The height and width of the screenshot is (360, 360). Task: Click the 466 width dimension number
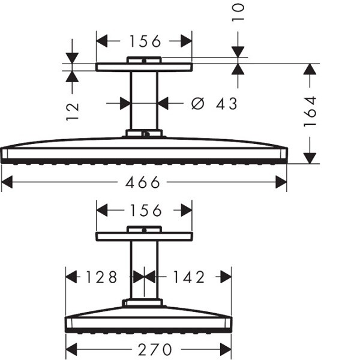[x=142, y=182]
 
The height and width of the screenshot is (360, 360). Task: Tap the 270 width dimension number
[x=155, y=350]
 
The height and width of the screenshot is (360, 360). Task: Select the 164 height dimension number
[x=310, y=112]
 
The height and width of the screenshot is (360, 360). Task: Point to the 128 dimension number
[x=101, y=277]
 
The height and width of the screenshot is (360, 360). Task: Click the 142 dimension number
[x=189, y=277]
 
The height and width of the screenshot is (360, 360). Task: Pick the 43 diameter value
[x=226, y=104]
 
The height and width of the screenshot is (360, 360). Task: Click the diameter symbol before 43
[x=197, y=104]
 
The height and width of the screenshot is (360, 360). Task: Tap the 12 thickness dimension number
[x=73, y=112]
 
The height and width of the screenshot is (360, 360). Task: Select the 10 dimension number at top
[x=238, y=13]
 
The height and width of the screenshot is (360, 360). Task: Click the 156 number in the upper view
[x=145, y=41]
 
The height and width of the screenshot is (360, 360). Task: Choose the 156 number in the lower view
[x=146, y=211]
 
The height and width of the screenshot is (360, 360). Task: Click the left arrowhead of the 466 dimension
[x=7, y=182]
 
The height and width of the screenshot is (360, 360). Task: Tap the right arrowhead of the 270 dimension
[x=226, y=350]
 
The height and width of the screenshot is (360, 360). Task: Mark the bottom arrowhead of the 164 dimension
[x=310, y=158]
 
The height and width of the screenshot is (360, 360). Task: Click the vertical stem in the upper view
[x=144, y=101]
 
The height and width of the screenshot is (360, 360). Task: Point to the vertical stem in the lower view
[x=144, y=270]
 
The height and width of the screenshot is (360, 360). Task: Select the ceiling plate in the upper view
[x=144, y=67]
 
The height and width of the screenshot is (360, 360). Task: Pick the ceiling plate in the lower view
[x=144, y=236]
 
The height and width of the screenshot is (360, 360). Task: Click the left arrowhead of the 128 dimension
[x=71, y=277]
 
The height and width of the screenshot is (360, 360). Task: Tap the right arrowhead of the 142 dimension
[x=226, y=277]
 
